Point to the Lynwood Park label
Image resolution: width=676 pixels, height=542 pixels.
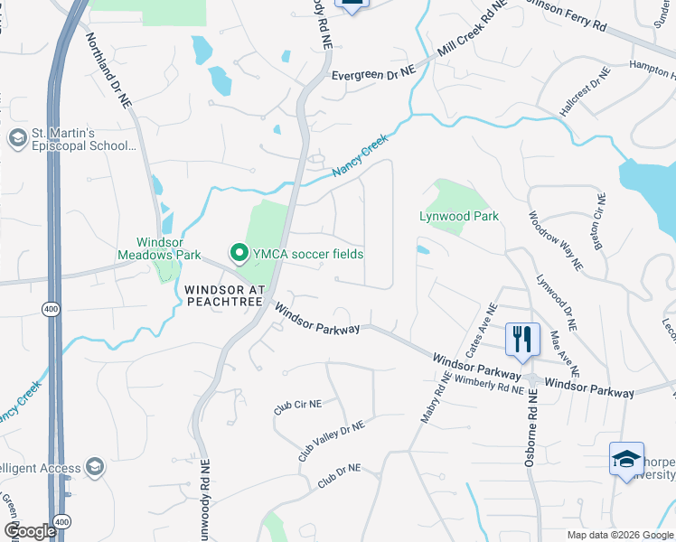click(459, 216)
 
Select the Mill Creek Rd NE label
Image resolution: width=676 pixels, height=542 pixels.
click(469, 42)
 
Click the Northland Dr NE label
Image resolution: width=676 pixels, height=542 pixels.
click(108, 71)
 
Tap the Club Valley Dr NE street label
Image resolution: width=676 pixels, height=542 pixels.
click(331, 441)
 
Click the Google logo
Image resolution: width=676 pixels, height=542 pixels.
click(30, 531)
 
